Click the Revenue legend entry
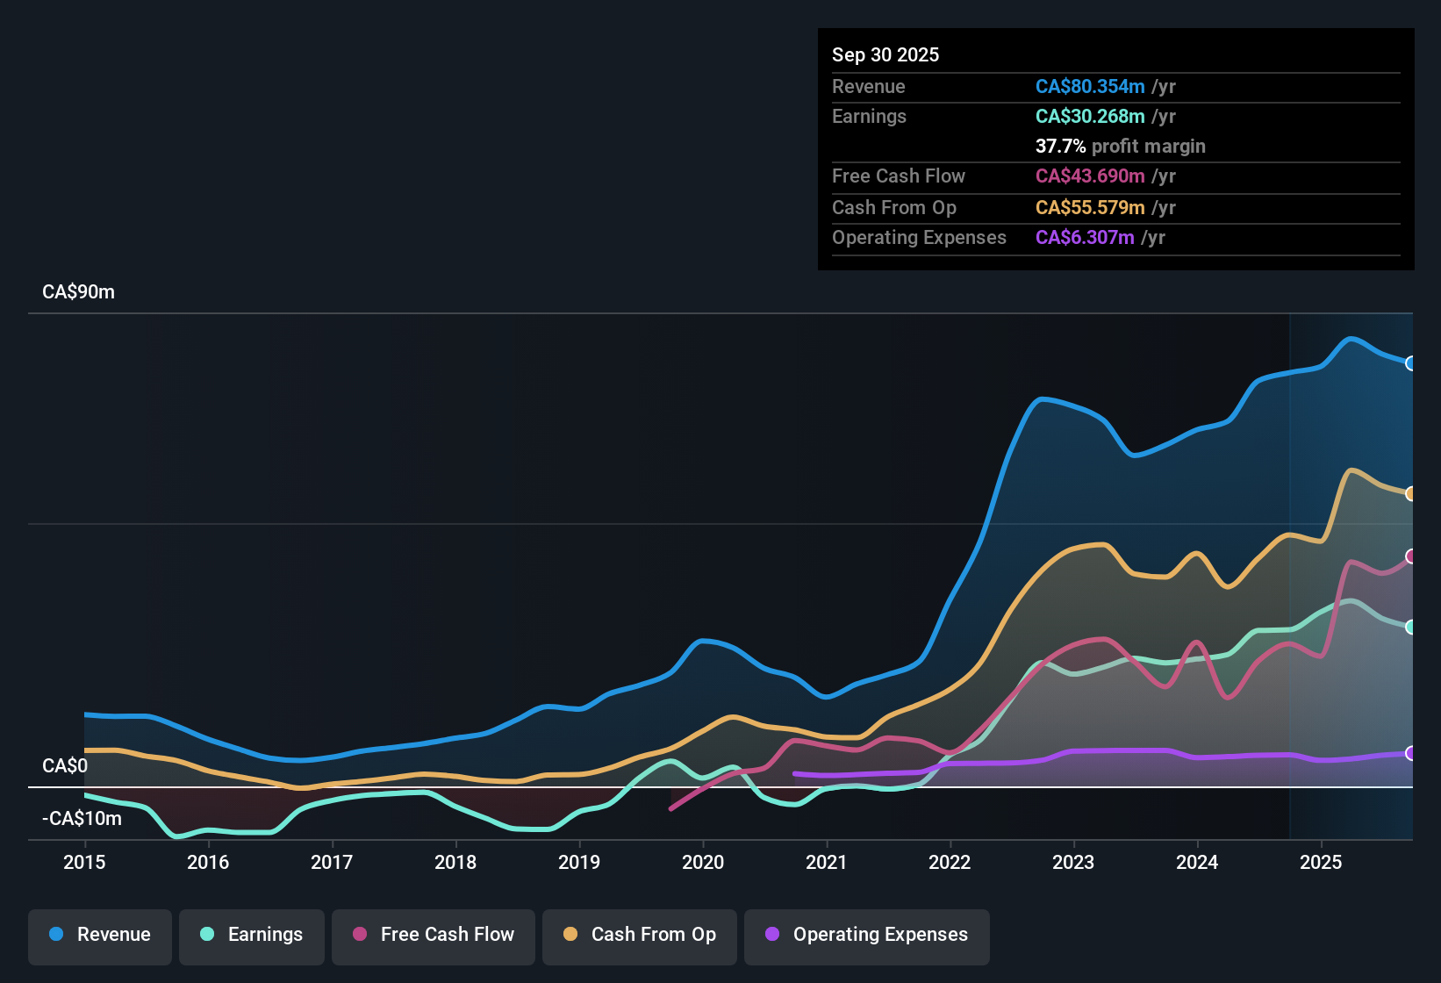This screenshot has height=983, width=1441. (100, 935)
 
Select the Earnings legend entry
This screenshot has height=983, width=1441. (252, 935)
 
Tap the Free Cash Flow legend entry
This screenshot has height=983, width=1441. (434, 935)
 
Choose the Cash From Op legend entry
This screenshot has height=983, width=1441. (640, 935)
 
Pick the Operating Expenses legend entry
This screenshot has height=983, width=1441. (867, 935)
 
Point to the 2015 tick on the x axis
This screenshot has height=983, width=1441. (84, 862)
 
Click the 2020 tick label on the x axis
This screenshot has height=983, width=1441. (703, 862)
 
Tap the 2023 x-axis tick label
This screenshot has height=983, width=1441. (1073, 862)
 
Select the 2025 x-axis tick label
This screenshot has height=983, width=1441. (1321, 862)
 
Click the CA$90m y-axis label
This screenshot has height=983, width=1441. (78, 292)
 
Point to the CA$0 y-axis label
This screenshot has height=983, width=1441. (65, 766)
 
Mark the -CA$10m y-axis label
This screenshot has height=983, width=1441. (82, 819)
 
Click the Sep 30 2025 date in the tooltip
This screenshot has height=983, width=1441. (885, 55)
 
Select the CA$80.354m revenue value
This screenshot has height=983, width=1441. (1090, 87)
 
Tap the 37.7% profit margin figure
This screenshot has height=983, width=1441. (1060, 147)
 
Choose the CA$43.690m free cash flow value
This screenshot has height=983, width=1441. (1090, 176)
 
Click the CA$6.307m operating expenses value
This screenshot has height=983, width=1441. (1085, 238)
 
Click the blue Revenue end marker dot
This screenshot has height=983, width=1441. (1410, 363)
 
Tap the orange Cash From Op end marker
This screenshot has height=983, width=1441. (1410, 494)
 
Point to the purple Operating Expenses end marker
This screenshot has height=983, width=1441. (1410, 753)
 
